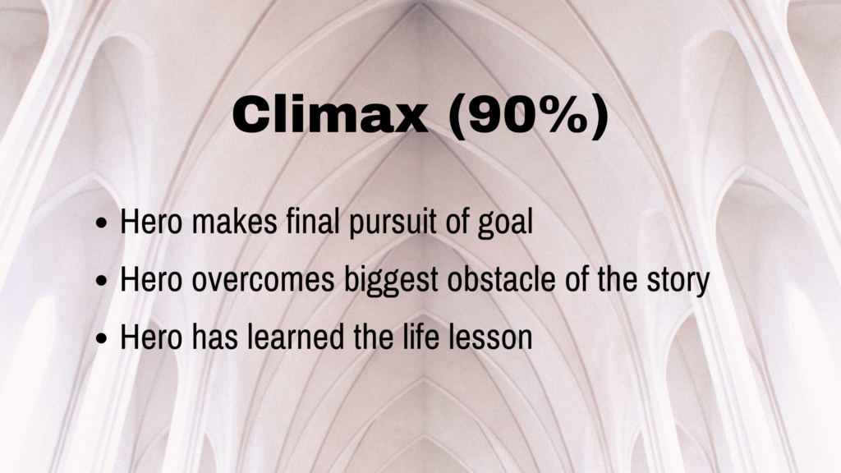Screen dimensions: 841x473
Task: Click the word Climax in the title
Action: (330, 115)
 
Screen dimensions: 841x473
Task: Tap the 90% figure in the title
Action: (528, 116)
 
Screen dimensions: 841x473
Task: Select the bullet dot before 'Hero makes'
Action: (101, 223)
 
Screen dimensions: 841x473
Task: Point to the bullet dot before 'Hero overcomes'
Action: (101, 281)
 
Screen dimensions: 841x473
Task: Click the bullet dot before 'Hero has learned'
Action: (101, 338)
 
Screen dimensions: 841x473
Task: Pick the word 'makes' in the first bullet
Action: (234, 221)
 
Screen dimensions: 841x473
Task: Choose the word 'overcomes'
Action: (263, 281)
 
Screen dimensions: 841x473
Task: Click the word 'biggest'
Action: (391, 281)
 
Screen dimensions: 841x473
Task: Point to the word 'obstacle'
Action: (501, 279)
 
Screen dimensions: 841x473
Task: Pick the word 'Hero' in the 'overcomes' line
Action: (151, 279)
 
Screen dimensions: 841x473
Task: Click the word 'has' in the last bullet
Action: (214, 337)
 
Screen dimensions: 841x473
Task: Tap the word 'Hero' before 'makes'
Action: (151, 221)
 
